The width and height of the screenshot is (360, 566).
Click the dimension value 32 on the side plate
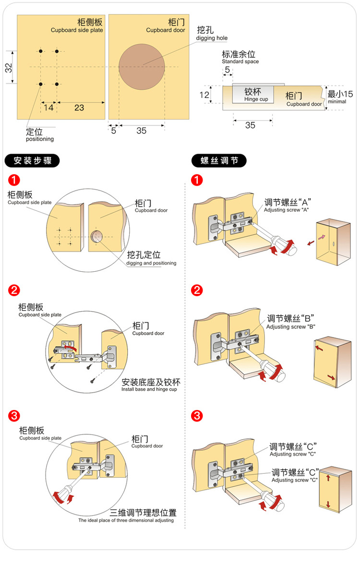(x=9, y=68)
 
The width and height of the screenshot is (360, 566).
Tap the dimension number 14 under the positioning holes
(x=48, y=108)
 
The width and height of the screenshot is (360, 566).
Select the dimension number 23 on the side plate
(x=79, y=108)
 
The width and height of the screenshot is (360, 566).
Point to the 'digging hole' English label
(x=212, y=38)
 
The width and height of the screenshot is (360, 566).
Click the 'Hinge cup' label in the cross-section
(x=256, y=99)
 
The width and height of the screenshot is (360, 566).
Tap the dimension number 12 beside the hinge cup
(x=204, y=95)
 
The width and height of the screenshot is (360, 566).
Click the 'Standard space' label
(x=240, y=61)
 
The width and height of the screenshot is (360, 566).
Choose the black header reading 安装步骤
(x=32, y=160)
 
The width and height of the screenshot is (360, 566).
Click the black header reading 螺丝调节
(x=219, y=160)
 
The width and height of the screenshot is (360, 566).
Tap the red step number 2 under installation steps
(x=14, y=290)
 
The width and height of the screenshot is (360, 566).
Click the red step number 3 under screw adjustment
(x=196, y=415)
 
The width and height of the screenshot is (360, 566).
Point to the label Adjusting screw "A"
(x=286, y=210)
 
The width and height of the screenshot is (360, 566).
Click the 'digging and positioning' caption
(x=151, y=263)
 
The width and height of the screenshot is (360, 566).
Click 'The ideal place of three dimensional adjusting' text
(x=126, y=520)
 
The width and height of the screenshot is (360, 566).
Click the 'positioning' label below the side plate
(x=40, y=139)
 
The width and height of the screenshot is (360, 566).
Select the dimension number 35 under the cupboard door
(x=141, y=131)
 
